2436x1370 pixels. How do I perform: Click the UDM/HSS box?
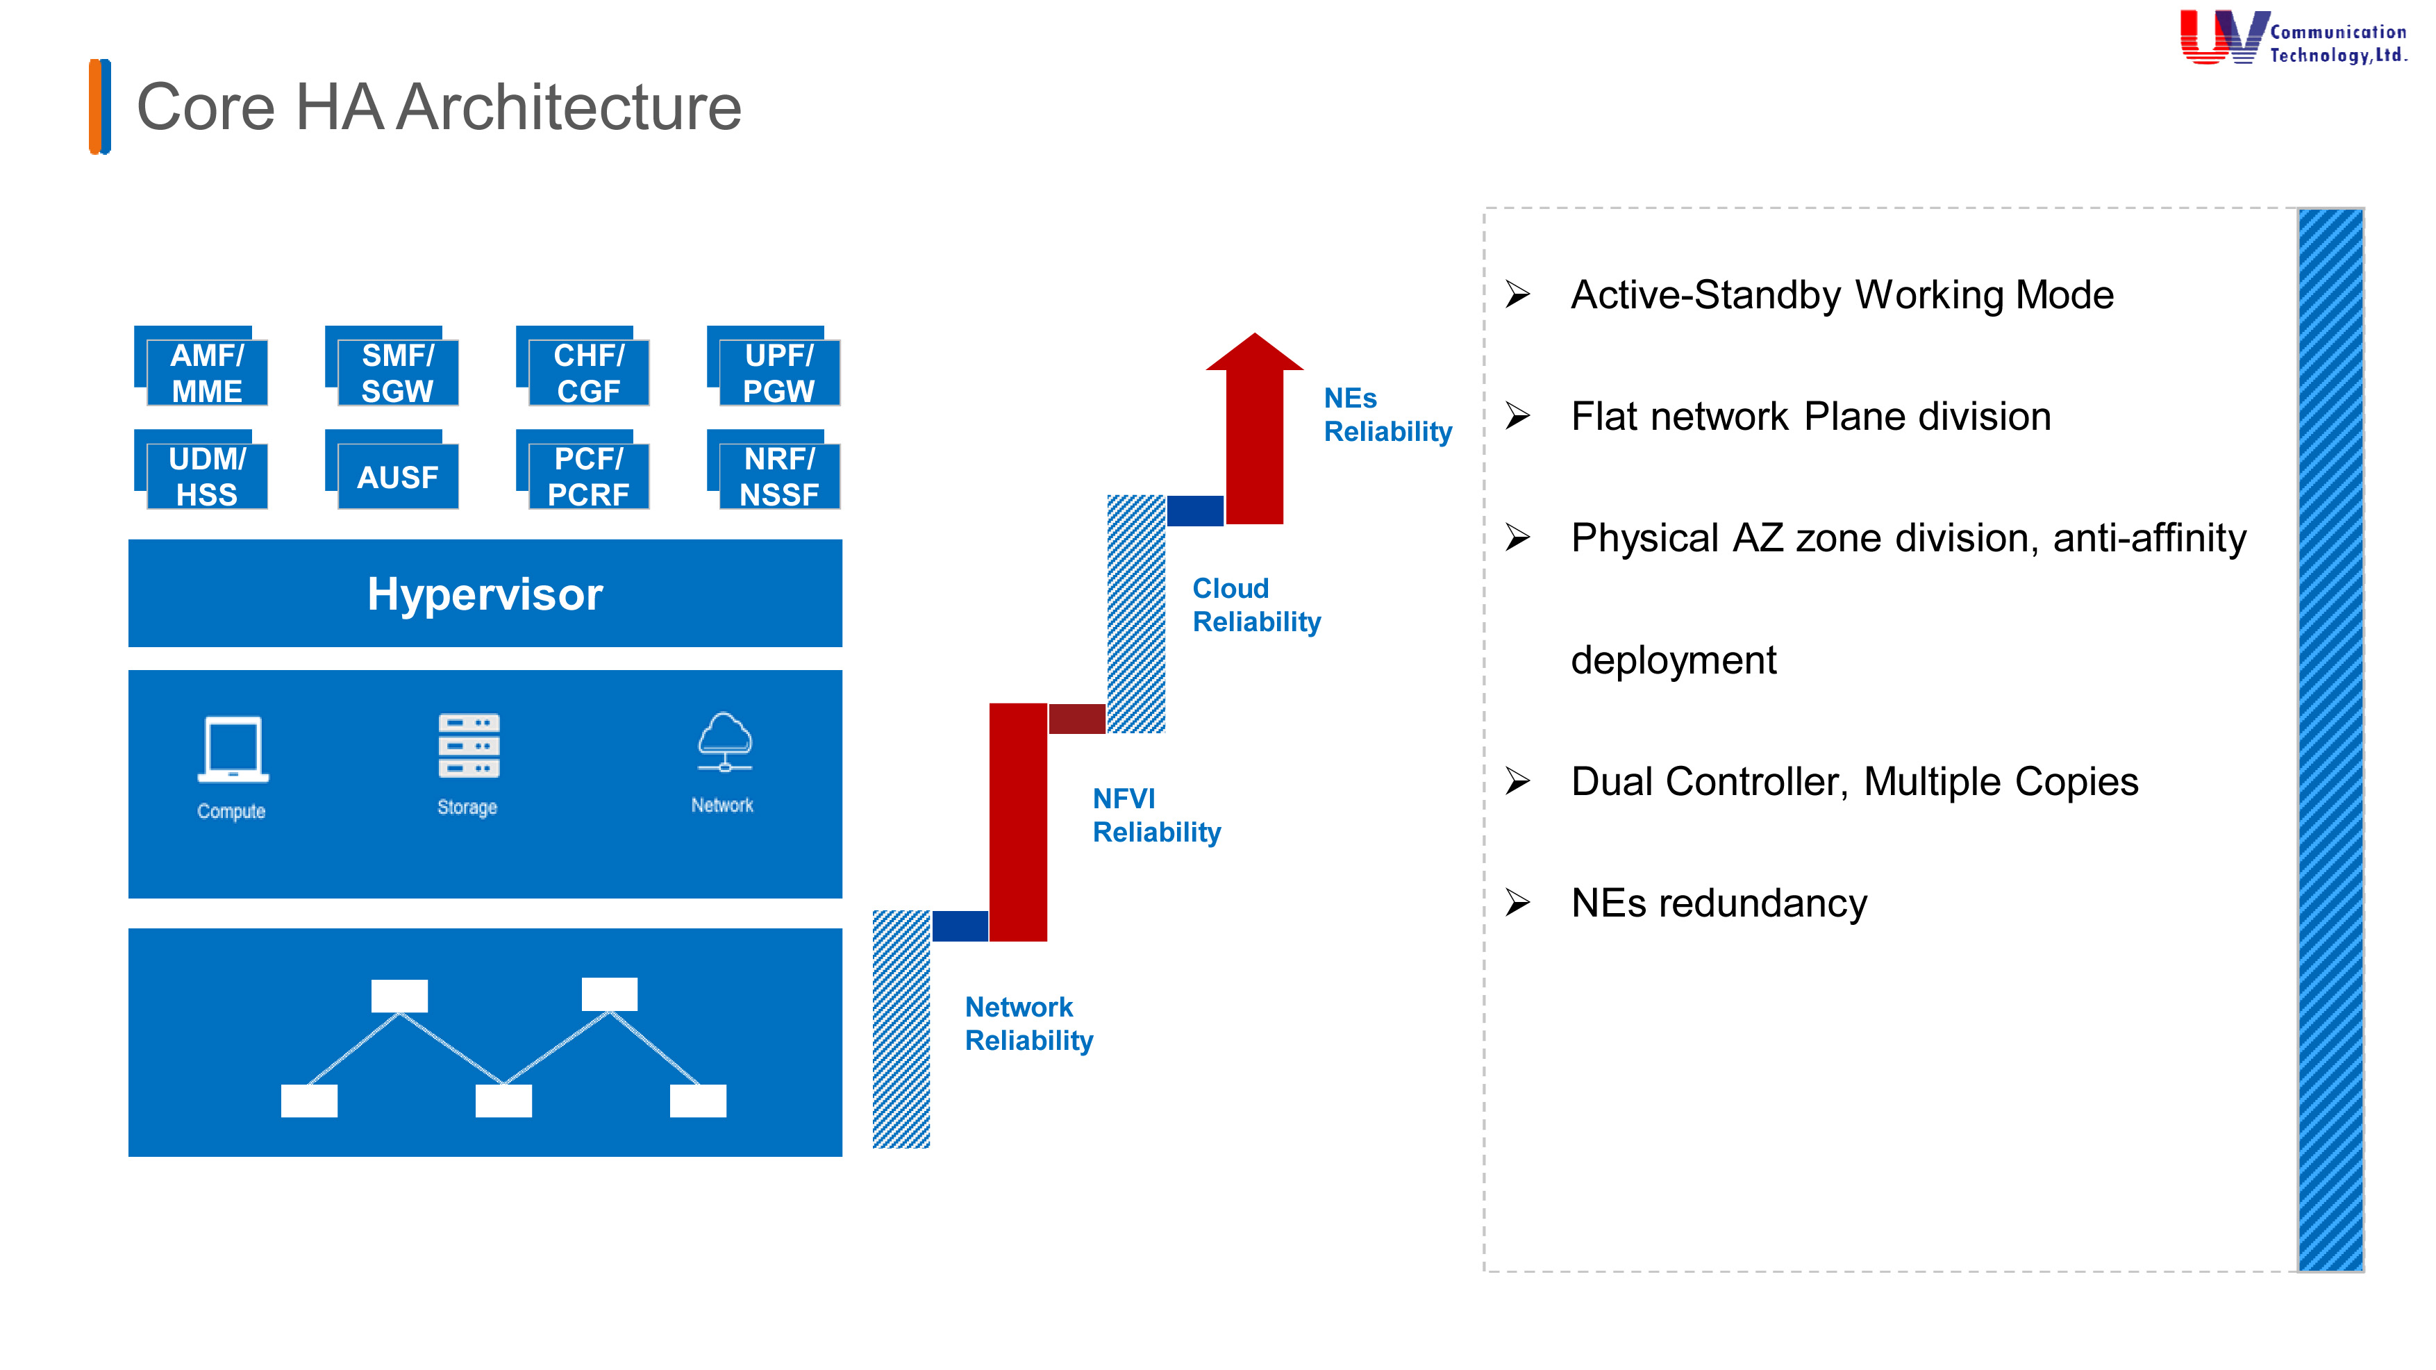tap(206, 476)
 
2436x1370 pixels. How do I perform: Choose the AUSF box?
tap(397, 476)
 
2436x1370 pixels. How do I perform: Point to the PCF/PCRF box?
tap(588, 476)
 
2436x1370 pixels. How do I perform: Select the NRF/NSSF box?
tap(779, 476)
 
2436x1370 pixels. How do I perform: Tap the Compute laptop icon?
tap(233, 749)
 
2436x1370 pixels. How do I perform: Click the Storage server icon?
tap(468, 746)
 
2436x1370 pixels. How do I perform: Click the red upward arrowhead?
tap(1254, 352)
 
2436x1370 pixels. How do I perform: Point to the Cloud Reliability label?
tap(1255, 604)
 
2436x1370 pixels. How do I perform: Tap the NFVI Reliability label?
tap(1156, 815)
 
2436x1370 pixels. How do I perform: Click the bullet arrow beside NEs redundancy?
tap(1518, 902)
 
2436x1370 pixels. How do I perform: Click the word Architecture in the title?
tap(568, 107)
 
